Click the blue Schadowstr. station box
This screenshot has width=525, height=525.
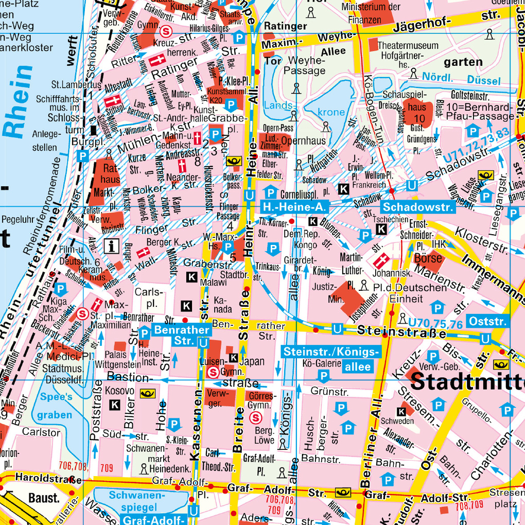pyautogui.click(x=418, y=207)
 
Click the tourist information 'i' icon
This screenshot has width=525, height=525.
pyautogui.click(x=111, y=246)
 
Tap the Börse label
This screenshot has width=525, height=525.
pyautogui.click(x=428, y=256)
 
